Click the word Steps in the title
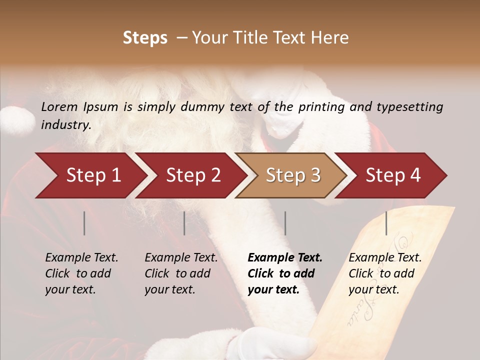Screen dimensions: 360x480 145,38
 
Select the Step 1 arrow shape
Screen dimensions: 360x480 90,175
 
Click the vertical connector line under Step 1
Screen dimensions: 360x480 84,223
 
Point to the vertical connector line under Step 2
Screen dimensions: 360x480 184,223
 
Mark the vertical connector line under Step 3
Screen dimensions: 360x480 285,223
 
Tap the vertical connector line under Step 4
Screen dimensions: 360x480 386,223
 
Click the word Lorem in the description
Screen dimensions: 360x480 59,106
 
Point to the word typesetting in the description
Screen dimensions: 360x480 409,107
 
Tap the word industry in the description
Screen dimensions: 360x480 65,125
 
